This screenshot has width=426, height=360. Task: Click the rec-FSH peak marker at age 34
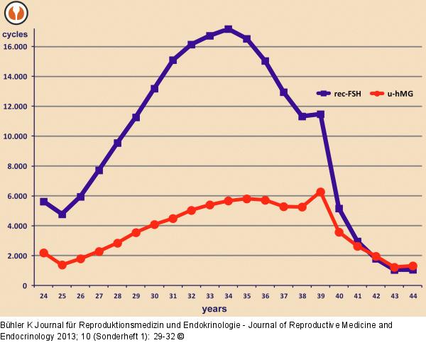(x=228, y=29)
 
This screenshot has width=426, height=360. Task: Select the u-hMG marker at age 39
(x=320, y=192)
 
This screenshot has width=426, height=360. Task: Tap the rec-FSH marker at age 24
(x=44, y=202)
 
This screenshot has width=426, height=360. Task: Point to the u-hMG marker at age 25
(x=62, y=265)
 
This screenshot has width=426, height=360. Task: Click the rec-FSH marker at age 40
(x=339, y=209)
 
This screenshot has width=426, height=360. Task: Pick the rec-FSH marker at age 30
(x=154, y=89)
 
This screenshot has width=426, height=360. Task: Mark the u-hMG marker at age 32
(x=191, y=210)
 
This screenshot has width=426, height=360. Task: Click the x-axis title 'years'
(x=214, y=309)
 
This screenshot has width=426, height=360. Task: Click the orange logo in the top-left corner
(x=14, y=12)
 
